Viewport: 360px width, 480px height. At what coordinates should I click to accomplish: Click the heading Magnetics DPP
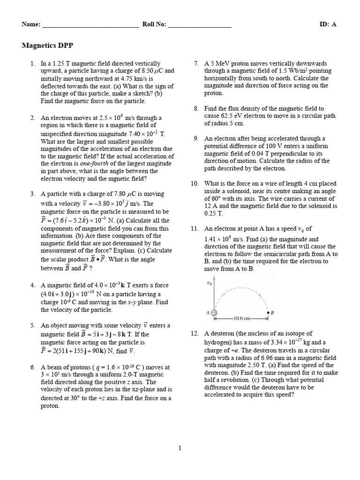pyautogui.click(x=47, y=45)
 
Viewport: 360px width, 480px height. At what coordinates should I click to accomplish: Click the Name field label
pyautogui.click(x=31, y=24)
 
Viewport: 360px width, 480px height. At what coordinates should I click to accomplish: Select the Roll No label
pyautogui.click(x=154, y=24)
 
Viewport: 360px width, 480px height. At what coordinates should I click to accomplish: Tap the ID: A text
pyautogui.click(x=329, y=24)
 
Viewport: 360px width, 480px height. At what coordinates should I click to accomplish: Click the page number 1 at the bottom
pyautogui.click(x=180, y=448)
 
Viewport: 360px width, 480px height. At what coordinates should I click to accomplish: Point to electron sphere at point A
pyautogui.click(x=214, y=313)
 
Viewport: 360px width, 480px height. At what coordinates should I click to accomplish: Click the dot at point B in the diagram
pyautogui.click(x=268, y=313)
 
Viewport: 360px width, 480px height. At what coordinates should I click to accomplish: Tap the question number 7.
pyautogui.click(x=196, y=63)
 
